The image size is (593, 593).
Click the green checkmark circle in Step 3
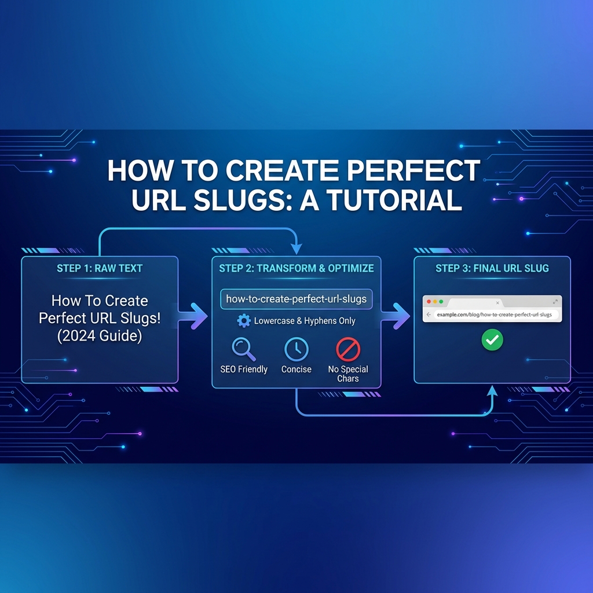[x=492, y=340]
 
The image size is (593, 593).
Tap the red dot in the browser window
[x=428, y=302]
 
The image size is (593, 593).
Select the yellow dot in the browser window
[x=434, y=302]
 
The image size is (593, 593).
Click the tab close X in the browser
[x=497, y=302]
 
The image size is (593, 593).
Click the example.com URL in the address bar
[x=494, y=314]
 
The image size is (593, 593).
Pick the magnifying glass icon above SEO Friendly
[x=242, y=349]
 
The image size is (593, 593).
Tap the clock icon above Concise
[x=296, y=349]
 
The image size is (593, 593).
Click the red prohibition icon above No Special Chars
[x=348, y=349]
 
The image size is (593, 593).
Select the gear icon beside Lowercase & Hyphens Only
[x=244, y=320]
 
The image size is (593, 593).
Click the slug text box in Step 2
[x=296, y=299]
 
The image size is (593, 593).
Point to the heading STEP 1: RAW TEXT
[x=100, y=268]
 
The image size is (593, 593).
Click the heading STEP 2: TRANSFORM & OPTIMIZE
[x=296, y=268]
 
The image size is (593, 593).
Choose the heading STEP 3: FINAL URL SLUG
[x=492, y=268]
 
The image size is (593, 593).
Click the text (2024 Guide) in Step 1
[x=100, y=336]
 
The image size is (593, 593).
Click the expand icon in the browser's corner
[x=555, y=302]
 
